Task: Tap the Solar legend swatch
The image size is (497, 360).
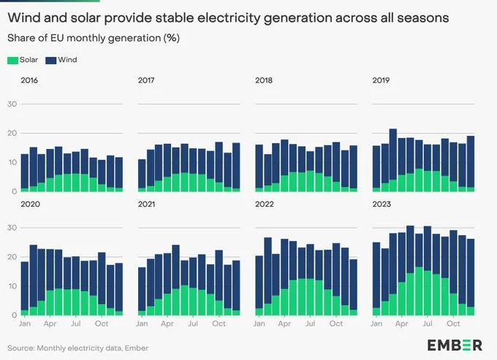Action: (12, 60)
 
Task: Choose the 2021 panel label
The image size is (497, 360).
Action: (147, 204)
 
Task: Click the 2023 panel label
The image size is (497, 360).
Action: (382, 204)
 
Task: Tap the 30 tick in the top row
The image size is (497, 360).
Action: (12, 104)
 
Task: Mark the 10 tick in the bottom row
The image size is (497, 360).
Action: (12, 286)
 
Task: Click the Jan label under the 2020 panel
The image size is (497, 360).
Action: (25, 323)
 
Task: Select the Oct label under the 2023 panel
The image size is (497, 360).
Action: (453, 323)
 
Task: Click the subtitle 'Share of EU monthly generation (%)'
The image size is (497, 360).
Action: (93, 37)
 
